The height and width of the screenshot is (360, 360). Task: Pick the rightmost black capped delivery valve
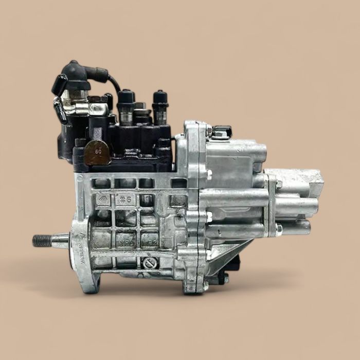tap(160, 103)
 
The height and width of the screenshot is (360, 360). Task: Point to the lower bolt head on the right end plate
tap(278, 227)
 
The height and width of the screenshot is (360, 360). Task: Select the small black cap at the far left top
tap(59, 83)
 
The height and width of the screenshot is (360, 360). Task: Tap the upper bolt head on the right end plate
tap(278, 184)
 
